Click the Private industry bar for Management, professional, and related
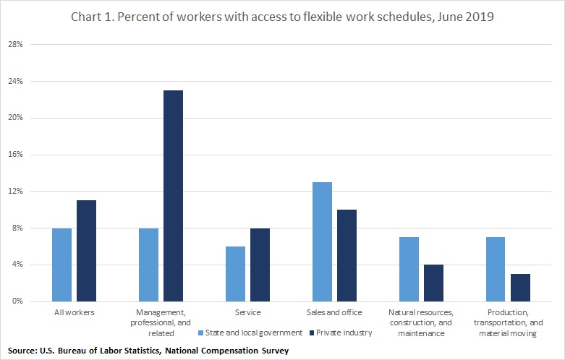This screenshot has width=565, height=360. click(x=173, y=195)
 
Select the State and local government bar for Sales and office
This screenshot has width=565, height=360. click(x=322, y=241)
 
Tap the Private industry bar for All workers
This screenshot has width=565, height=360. click(x=86, y=250)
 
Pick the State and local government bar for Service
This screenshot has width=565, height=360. click(x=235, y=273)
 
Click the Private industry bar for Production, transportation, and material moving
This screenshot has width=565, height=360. click(x=520, y=287)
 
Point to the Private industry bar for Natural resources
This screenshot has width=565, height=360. click(x=433, y=283)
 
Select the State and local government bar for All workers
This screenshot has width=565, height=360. click(x=61, y=264)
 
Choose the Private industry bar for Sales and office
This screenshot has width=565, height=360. click(x=347, y=255)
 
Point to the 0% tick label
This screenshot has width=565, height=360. click(x=18, y=301)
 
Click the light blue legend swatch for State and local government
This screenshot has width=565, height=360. click(x=200, y=333)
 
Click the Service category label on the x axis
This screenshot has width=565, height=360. click(x=247, y=312)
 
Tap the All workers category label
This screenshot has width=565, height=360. click(x=74, y=312)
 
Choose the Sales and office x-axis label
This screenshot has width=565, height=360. click(x=334, y=312)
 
